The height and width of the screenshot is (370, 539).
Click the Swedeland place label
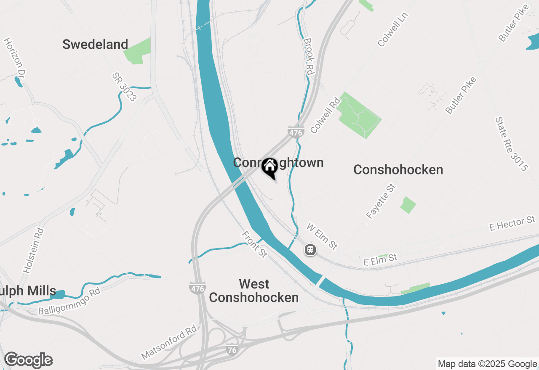tap(95, 44)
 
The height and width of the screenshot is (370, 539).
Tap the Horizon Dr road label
tap(15, 58)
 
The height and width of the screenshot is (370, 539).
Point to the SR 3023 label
tap(125, 87)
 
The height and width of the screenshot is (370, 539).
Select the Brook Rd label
tap(309, 57)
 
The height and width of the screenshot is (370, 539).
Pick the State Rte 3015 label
tap(511, 144)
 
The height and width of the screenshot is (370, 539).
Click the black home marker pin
tap(269, 167)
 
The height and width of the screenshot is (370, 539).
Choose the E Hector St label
tap(512, 224)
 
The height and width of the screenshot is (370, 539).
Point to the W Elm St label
tap(322, 236)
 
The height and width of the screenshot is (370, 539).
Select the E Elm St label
tap(380, 259)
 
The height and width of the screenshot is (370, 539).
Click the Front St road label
tap(254, 244)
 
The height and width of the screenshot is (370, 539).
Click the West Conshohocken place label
tap(254, 291)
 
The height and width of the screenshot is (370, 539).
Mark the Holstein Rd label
tap(34, 251)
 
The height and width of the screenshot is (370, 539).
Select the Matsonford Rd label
tap(169, 342)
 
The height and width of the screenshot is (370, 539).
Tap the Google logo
tap(29, 360)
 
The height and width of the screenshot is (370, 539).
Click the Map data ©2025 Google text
tap(488, 364)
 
